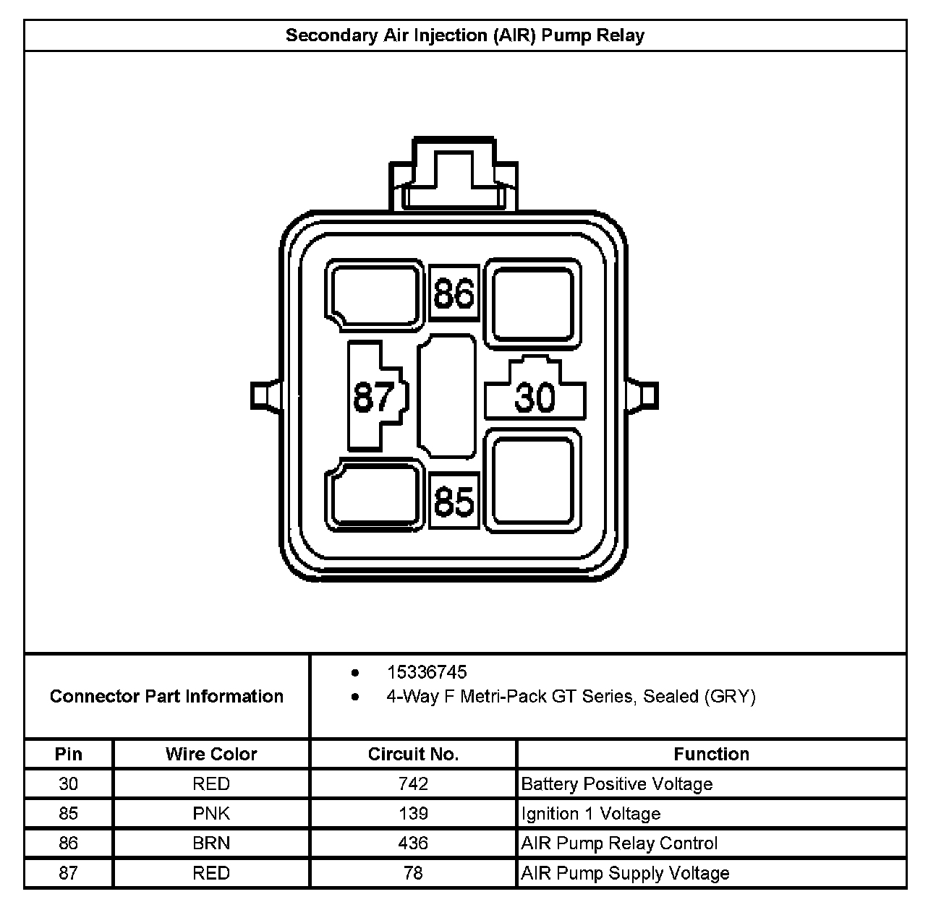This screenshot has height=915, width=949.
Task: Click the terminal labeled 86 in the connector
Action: click(454, 293)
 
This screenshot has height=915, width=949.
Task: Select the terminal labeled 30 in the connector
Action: click(535, 396)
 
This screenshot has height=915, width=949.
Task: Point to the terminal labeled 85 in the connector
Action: click(454, 501)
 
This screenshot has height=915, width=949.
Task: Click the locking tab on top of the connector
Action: click(454, 173)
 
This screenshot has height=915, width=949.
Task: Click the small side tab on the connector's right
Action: click(645, 395)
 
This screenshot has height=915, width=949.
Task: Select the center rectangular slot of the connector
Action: click(447, 395)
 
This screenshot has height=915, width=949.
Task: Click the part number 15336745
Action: click(427, 672)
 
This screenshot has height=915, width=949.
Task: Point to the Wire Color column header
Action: click(211, 754)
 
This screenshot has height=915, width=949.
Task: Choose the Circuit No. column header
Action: click(413, 754)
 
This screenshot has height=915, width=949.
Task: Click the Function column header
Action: click(711, 754)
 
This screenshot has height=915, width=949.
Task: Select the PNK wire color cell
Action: click(211, 813)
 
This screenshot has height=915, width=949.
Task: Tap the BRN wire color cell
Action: click(211, 843)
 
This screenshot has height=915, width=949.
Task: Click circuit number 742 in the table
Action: click(413, 783)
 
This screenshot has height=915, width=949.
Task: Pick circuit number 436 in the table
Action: click(413, 843)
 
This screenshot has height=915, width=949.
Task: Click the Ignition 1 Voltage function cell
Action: click(591, 813)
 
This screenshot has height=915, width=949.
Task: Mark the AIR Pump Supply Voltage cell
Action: click(625, 873)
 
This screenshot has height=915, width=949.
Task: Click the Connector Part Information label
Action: click(166, 696)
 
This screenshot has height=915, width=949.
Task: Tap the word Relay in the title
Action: click(620, 35)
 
